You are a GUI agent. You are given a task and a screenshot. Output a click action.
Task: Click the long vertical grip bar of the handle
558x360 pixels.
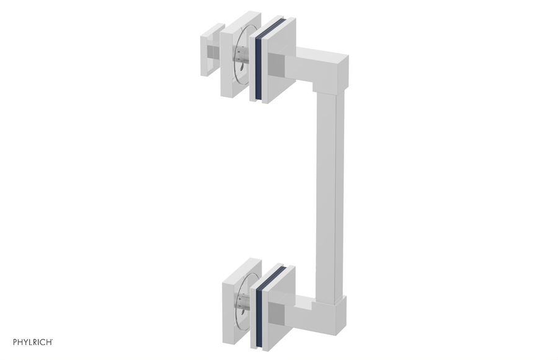pos(329,192)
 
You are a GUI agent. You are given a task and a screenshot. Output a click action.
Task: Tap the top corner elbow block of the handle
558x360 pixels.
pos(329,68)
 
